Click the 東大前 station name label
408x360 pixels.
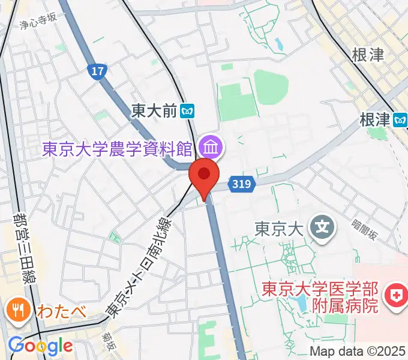[155, 110]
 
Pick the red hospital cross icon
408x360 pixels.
[396, 295]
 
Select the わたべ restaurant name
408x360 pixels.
[58, 311]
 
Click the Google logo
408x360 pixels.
[40, 346]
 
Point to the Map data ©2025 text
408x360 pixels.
[358, 351]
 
